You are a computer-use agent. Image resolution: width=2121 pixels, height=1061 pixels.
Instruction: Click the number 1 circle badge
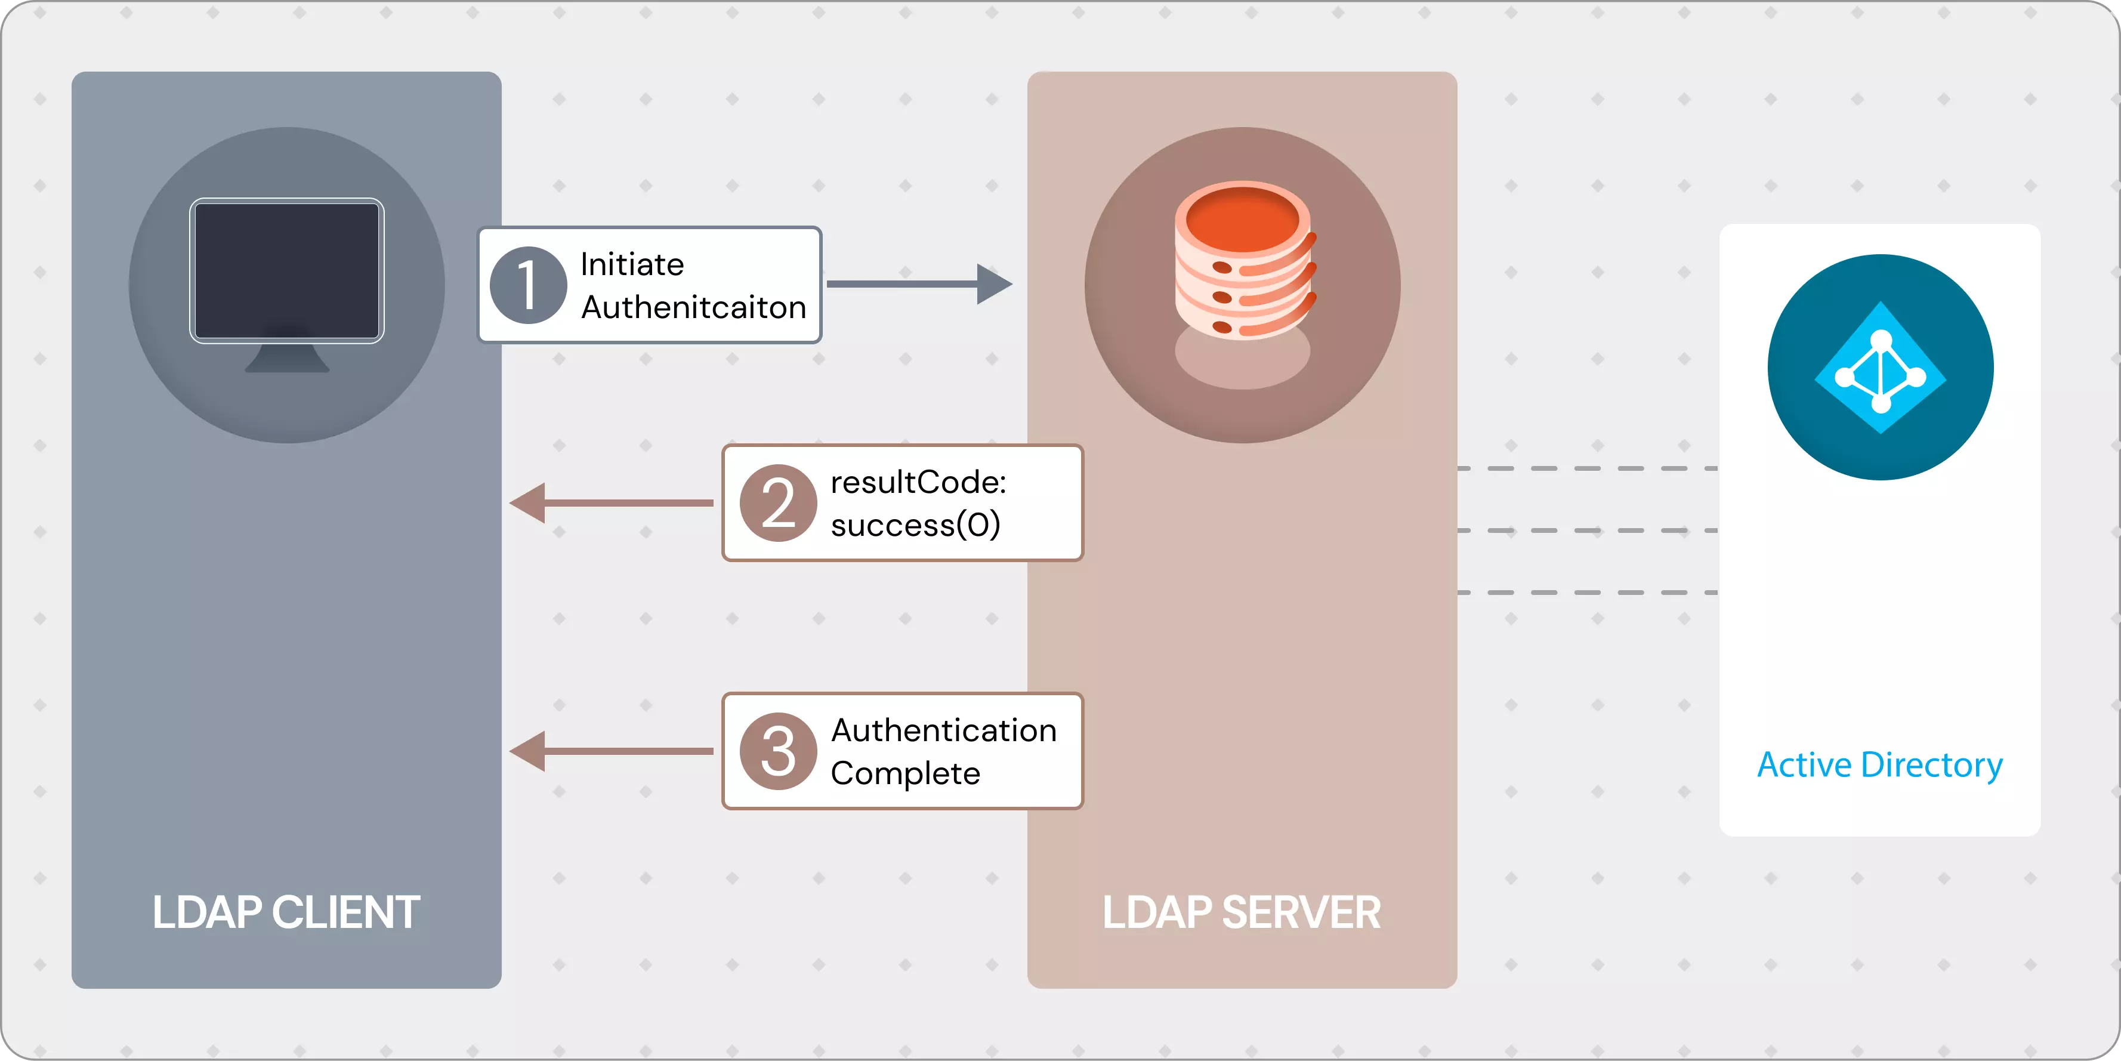click(x=528, y=285)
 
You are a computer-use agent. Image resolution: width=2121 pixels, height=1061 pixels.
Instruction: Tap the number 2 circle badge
click(x=778, y=502)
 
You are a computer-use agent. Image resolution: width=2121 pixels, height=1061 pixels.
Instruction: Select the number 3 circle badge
click(x=778, y=751)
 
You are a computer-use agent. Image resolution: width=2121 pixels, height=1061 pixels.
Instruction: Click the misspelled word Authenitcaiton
click(x=693, y=307)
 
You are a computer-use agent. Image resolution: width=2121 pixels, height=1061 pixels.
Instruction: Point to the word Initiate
click(x=631, y=264)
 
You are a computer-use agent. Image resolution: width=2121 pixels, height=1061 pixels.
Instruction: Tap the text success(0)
click(x=915, y=525)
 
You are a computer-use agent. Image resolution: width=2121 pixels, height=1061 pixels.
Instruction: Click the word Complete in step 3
click(x=905, y=773)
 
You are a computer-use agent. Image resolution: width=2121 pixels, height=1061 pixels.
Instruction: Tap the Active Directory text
click(x=1880, y=764)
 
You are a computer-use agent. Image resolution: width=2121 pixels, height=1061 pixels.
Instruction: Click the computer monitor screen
click(x=286, y=270)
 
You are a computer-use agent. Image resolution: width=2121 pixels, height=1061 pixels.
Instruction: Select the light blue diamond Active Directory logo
click(x=1881, y=368)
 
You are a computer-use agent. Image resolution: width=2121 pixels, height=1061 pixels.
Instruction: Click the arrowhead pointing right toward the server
click(x=994, y=284)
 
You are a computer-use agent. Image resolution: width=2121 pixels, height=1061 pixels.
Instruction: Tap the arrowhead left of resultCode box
click(x=529, y=502)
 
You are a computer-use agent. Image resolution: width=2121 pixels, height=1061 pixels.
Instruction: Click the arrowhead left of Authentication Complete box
click(x=529, y=751)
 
